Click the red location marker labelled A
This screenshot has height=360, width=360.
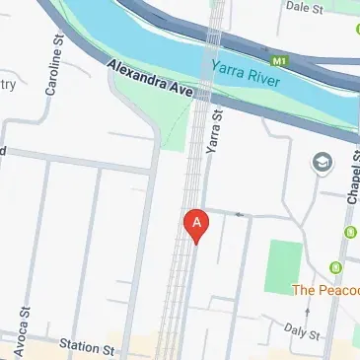click(x=197, y=224)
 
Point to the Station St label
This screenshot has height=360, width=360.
click(x=87, y=346)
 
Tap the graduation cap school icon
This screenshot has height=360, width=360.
click(x=322, y=162)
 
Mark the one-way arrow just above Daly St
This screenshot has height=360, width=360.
click(x=307, y=313)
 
